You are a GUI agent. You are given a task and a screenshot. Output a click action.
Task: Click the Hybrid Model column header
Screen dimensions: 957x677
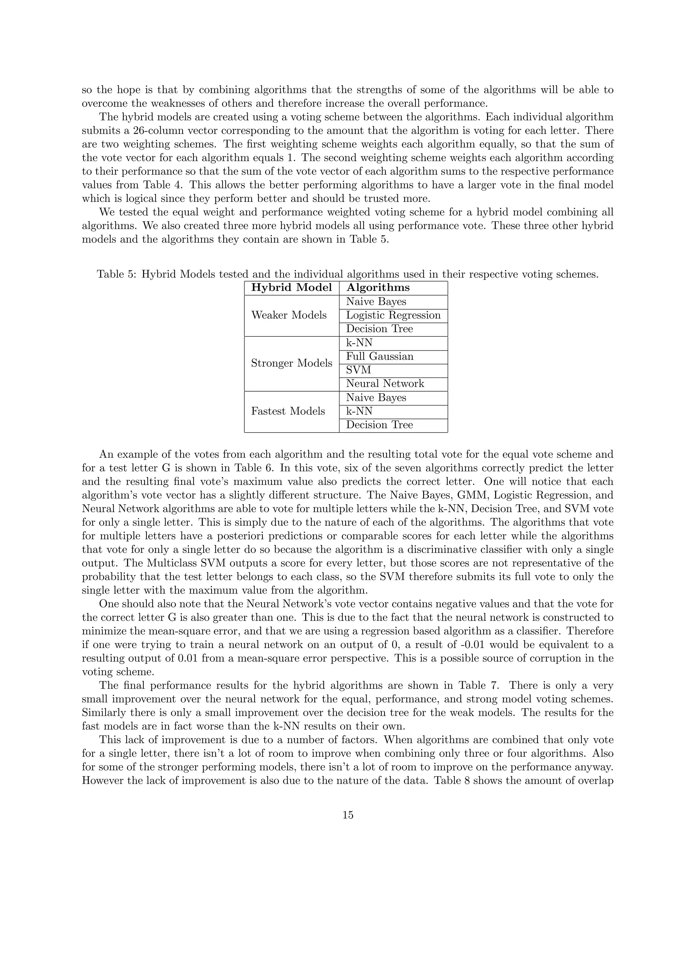291,287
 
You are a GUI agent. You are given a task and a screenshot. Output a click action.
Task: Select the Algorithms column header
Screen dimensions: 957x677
378,287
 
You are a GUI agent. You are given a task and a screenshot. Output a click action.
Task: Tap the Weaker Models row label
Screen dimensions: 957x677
289,315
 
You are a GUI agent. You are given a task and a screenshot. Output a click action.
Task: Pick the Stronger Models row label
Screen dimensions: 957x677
291,363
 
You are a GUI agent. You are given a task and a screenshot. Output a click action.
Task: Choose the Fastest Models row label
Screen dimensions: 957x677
288,411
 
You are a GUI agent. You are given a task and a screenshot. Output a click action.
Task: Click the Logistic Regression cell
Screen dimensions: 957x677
393,315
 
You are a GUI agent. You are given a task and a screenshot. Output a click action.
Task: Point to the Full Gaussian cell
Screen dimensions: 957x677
379,356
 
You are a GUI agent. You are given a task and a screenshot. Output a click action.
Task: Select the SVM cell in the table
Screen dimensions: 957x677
358,370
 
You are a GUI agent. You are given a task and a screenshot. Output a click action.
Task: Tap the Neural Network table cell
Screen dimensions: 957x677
385,383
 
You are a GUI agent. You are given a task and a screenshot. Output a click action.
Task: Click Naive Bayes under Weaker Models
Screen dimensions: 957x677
376,302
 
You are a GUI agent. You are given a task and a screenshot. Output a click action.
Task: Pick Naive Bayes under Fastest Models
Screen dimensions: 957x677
376,398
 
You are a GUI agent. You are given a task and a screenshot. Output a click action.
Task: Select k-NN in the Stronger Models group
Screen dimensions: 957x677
359,343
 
